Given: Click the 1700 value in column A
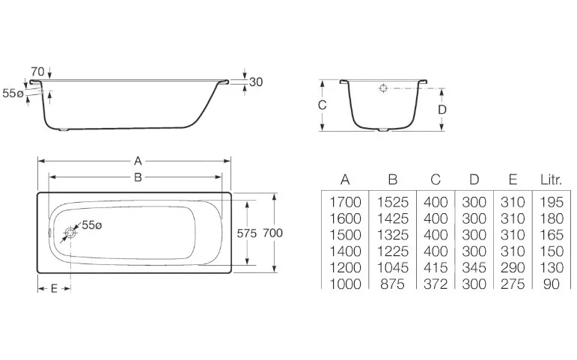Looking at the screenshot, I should (344, 201).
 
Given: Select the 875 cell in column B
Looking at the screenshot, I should (391, 284).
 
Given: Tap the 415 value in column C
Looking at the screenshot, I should (436, 267).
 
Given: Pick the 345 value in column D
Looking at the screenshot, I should (474, 267).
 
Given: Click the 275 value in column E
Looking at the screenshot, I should (513, 284).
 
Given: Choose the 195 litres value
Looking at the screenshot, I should (552, 201).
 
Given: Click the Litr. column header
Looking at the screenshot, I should (552, 180).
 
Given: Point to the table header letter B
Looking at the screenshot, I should (391, 180).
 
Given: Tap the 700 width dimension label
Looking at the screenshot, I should (274, 233).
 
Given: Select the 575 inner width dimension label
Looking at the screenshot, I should (248, 233).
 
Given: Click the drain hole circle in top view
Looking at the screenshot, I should (70, 233).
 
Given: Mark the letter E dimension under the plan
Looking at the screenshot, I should (54, 289).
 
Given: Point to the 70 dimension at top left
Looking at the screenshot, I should (37, 72).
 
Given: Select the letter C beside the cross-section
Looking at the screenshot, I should (322, 106).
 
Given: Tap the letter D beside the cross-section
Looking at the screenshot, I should (442, 109).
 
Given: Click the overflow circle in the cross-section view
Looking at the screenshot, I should (383, 88).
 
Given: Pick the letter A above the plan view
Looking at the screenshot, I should (137, 160).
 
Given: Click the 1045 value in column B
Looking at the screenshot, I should (391, 267).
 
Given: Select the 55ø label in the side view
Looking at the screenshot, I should (13, 94).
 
